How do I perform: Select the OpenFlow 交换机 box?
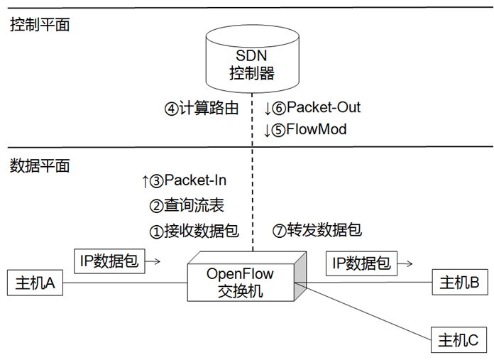pyautogui.click(x=240, y=282)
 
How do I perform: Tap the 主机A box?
pyautogui.click(x=35, y=283)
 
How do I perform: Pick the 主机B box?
pyautogui.click(x=459, y=283)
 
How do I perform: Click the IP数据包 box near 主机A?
pyautogui.click(x=109, y=261)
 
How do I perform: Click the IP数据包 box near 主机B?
pyautogui.click(x=361, y=263)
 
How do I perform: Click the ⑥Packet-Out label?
pyautogui.click(x=317, y=108)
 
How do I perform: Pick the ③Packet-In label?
pyautogui.click(x=190, y=181)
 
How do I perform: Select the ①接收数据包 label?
pyautogui.click(x=193, y=231)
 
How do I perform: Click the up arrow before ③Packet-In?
pyautogui.click(x=146, y=182)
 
